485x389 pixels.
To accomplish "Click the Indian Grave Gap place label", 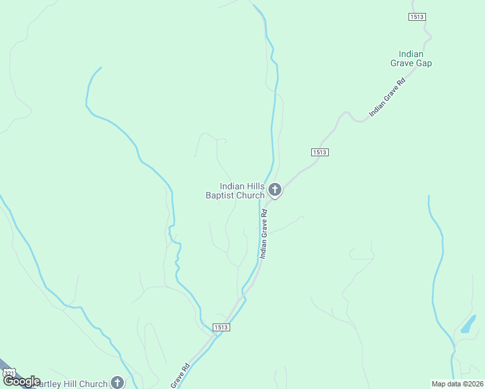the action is pyautogui.click(x=411, y=58).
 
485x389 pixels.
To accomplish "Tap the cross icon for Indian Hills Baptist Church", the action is pyautogui.click(x=275, y=190).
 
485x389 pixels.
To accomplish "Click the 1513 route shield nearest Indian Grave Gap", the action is pyautogui.click(x=417, y=17).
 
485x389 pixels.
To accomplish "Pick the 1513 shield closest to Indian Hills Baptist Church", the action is pyautogui.click(x=319, y=152).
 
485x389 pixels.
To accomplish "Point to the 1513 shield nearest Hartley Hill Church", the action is pyautogui.click(x=220, y=328).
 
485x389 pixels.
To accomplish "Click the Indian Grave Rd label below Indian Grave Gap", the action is pyautogui.click(x=387, y=97).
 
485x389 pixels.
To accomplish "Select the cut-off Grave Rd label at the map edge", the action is pyautogui.click(x=180, y=376).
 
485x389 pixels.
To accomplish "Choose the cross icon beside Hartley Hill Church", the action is pyautogui.click(x=117, y=383).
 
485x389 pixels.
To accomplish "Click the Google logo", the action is pyautogui.click(x=22, y=381).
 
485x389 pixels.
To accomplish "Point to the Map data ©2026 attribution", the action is pyautogui.click(x=457, y=384).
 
